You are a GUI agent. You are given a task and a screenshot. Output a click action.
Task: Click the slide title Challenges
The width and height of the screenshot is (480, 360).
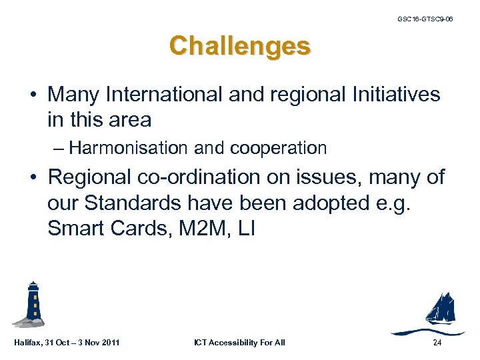(239, 46)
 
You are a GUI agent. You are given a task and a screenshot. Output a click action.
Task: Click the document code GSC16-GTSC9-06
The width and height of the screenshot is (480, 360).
(425, 19)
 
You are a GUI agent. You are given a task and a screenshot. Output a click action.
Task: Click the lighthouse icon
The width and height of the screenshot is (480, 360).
(31, 306)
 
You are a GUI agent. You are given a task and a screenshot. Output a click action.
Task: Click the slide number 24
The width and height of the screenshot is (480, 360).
(437, 343)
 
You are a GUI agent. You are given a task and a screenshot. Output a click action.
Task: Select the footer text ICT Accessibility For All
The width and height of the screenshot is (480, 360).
(239, 343)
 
